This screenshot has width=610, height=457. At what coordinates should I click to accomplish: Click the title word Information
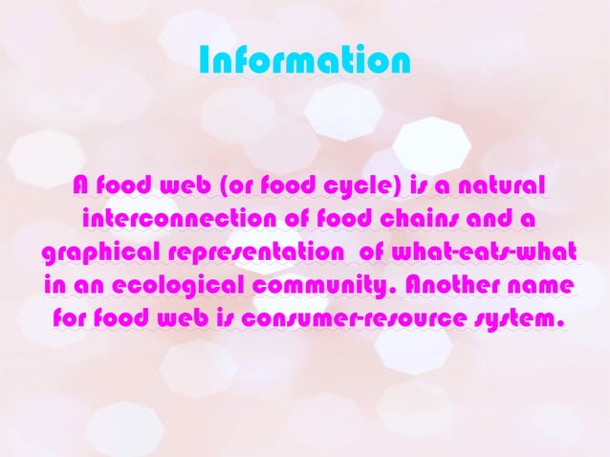[x=305, y=61]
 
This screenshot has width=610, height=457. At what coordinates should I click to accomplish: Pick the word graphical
[x=101, y=253]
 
